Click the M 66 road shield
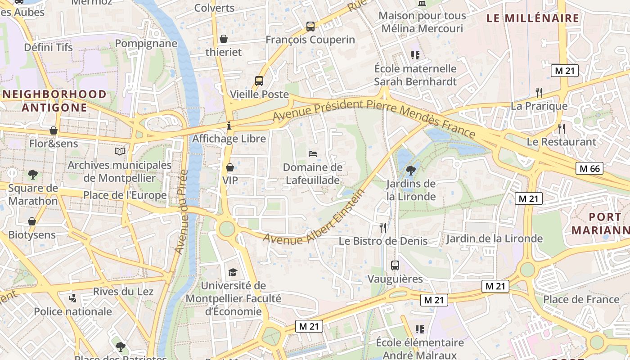tap(589, 169)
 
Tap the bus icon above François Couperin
tap(310, 26)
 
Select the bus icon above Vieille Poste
tap(259, 81)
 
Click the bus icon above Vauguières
tap(395, 265)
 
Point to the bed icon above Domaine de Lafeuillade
tap(313, 154)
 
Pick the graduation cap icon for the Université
tap(233, 272)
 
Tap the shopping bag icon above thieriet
tap(224, 39)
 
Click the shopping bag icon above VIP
tap(230, 167)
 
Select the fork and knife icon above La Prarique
tap(539, 93)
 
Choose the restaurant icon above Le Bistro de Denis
tap(383, 227)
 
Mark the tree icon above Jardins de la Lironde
tap(410, 170)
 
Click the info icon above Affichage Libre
tap(229, 126)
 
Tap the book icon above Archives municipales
tap(119, 152)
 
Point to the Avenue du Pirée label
tap(181, 211)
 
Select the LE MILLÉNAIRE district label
tap(533, 18)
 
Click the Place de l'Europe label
tap(125, 195)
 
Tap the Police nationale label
tap(73, 311)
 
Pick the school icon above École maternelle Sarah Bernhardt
tap(415, 55)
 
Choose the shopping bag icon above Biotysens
tap(32, 221)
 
